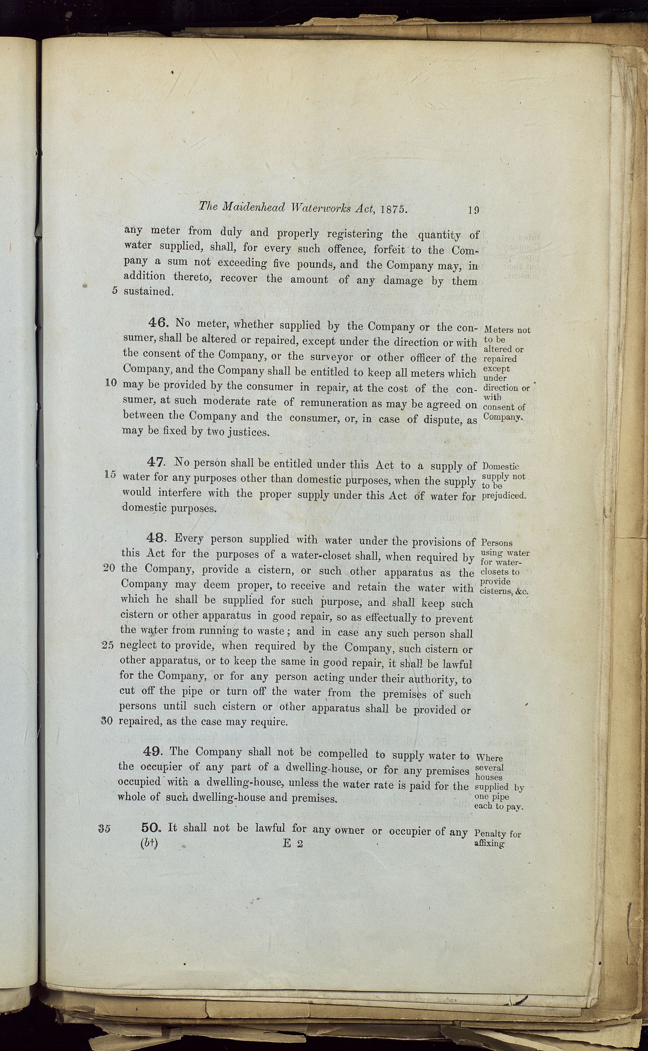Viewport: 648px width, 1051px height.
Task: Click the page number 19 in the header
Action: [473, 210]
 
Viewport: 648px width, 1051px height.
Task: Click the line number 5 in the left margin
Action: [114, 290]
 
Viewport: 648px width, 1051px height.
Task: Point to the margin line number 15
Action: [110, 475]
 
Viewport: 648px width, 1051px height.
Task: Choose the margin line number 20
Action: [109, 568]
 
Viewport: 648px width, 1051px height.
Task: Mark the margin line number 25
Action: [108, 645]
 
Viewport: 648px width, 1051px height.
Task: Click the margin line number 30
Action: [107, 721]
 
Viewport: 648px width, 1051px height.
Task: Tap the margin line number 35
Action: [104, 829]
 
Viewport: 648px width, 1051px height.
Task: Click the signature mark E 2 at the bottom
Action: [293, 844]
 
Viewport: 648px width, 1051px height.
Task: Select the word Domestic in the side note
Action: [501, 467]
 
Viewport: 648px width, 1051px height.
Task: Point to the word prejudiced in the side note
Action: [503, 496]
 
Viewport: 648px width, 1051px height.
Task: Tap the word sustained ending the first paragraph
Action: [148, 291]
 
